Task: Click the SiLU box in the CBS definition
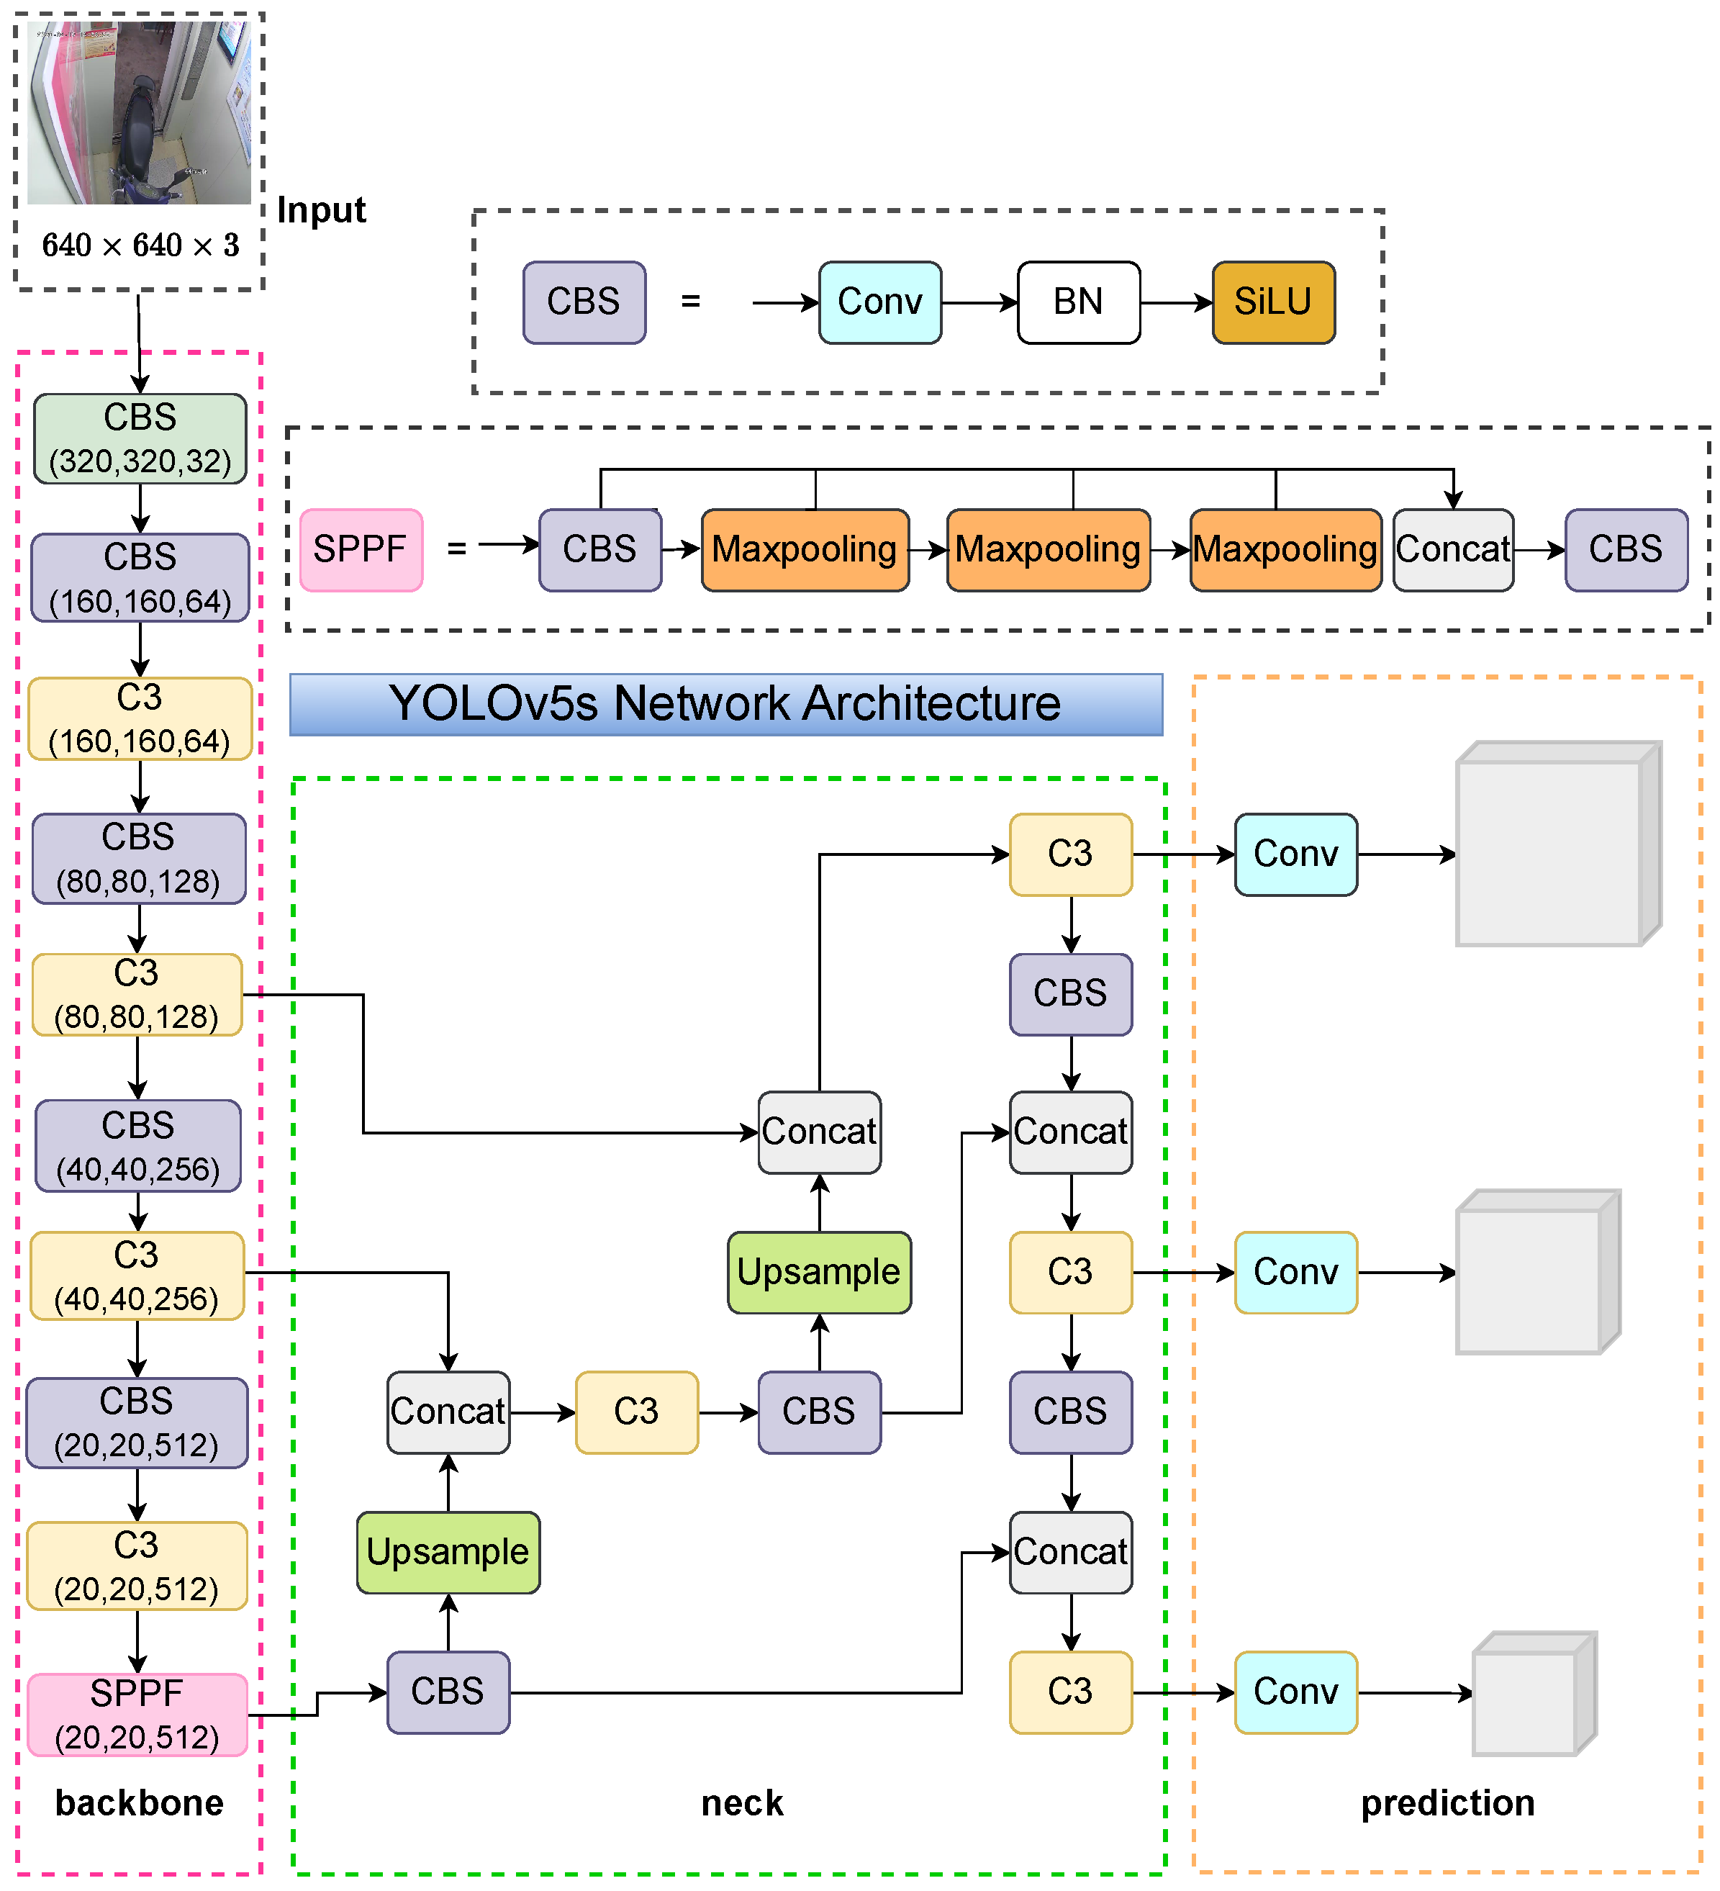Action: [x=1272, y=302]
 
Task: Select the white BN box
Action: [x=1079, y=302]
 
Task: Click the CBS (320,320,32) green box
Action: [x=140, y=438]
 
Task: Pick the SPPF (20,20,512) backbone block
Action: [x=137, y=1714]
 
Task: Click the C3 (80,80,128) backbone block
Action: [x=137, y=994]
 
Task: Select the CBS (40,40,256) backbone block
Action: [x=138, y=1145]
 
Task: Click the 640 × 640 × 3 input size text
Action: [x=140, y=245]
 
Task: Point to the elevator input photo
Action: [x=139, y=112]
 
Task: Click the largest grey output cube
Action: [x=1557, y=844]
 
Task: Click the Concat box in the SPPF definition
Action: [x=1453, y=550]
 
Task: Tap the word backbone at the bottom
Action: [x=139, y=1803]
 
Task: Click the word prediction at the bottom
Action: [x=1447, y=1803]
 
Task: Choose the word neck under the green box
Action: [x=742, y=1803]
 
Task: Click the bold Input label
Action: [x=321, y=210]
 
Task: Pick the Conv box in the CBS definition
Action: [x=879, y=302]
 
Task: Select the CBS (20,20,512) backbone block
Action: [x=137, y=1422]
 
